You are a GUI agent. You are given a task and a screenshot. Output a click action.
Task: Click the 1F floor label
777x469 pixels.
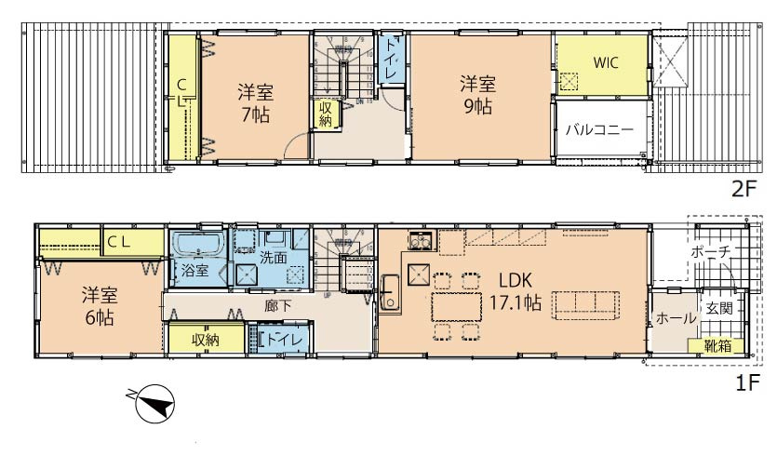[748, 382]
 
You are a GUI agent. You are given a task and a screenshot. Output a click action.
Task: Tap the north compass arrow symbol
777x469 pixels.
[154, 404]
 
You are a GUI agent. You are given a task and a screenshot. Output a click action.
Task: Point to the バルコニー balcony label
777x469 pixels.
[600, 129]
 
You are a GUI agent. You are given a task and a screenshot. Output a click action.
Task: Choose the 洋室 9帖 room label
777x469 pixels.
[476, 94]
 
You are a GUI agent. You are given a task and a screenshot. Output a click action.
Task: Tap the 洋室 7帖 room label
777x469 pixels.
[253, 103]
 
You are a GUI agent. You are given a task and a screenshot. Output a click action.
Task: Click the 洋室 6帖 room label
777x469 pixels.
[98, 306]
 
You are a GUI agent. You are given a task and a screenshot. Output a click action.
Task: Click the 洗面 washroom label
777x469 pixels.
[274, 258]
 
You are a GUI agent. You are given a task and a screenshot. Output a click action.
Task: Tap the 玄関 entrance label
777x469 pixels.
[717, 308]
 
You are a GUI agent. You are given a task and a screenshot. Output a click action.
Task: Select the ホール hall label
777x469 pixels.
[676, 318]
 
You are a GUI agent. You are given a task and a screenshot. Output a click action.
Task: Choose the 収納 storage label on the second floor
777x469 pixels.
[325, 114]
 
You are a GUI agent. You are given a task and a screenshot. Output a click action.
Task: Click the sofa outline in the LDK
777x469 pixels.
[587, 304]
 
